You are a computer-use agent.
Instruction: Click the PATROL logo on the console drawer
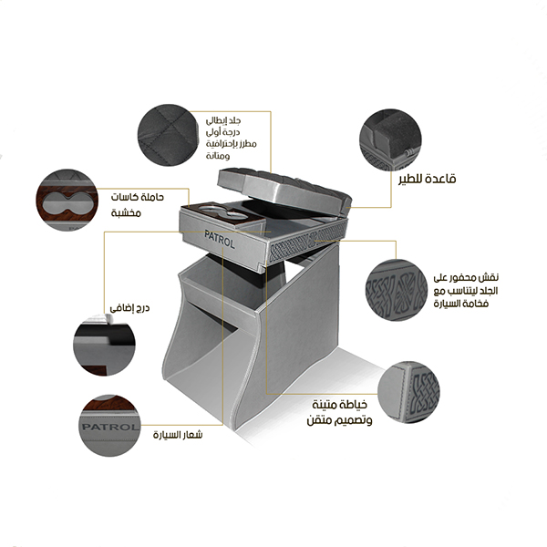220,239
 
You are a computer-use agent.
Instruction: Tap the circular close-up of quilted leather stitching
168,135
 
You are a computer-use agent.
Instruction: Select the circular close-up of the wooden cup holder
67,201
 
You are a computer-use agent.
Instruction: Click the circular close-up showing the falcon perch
390,139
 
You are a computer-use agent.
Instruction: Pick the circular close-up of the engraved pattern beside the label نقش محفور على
397,290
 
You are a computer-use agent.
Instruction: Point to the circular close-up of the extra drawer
104,345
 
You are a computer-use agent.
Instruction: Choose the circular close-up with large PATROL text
109,426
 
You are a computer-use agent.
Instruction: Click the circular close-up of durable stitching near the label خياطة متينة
408,392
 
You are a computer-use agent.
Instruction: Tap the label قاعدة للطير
428,179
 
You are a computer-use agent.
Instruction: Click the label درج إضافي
129,308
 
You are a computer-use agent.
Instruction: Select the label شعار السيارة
178,435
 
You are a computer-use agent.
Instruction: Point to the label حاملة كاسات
138,197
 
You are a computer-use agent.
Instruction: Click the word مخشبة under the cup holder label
126,212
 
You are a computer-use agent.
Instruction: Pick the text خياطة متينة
340,405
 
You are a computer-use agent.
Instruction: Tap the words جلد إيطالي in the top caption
223,121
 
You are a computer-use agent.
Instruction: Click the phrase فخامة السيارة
460,304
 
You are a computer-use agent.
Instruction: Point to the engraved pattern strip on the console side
308,241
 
